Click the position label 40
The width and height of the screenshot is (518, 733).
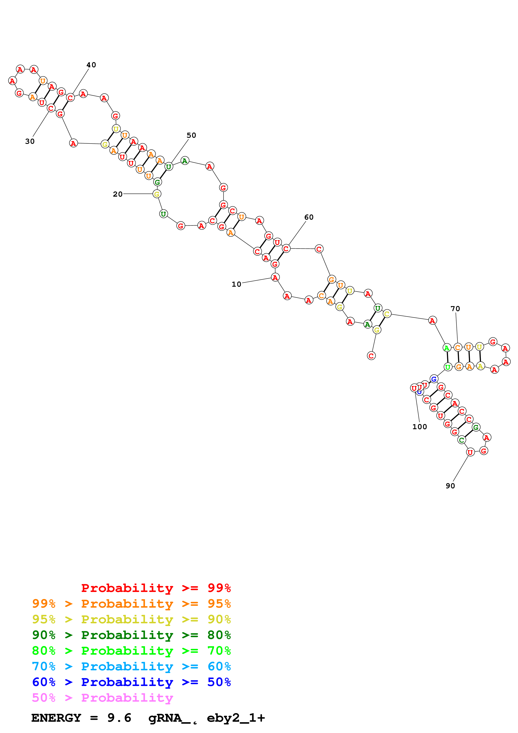click(x=91, y=65)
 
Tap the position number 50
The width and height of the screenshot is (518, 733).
click(x=191, y=135)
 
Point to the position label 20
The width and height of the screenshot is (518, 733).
click(x=118, y=194)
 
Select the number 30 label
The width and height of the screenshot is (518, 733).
click(x=30, y=141)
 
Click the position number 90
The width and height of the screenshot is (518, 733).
click(x=450, y=486)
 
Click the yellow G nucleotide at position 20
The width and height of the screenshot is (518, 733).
click(x=157, y=194)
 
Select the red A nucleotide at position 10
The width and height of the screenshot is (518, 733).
click(x=275, y=277)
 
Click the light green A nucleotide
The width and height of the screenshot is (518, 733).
click(x=447, y=348)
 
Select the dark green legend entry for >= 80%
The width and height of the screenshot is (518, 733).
click(x=131, y=635)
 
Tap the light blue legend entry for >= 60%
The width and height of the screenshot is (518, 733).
click(x=131, y=666)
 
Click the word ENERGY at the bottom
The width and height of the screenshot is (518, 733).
click(x=56, y=718)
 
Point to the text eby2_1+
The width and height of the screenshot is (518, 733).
click(x=236, y=718)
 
